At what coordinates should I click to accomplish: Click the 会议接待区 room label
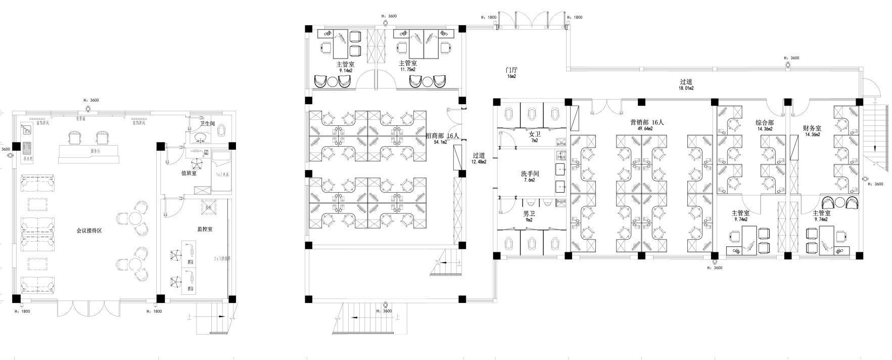tap(89, 231)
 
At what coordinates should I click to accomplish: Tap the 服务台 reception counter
tap(95, 151)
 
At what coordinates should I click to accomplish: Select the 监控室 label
tap(205, 229)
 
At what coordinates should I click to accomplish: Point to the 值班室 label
tap(189, 173)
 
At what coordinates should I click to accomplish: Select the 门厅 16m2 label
tap(511, 72)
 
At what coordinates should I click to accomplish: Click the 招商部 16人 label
tap(442, 136)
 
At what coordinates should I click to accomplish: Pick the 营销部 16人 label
tap(646, 122)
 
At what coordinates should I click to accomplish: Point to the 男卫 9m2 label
tap(529, 216)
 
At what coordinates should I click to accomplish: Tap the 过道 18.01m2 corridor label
tap(686, 84)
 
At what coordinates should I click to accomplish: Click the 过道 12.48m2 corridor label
tap(479, 158)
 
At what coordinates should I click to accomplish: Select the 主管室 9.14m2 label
tap(345, 67)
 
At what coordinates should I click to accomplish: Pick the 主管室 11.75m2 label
tap(407, 66)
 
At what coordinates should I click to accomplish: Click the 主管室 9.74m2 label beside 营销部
tap(740, 216)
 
